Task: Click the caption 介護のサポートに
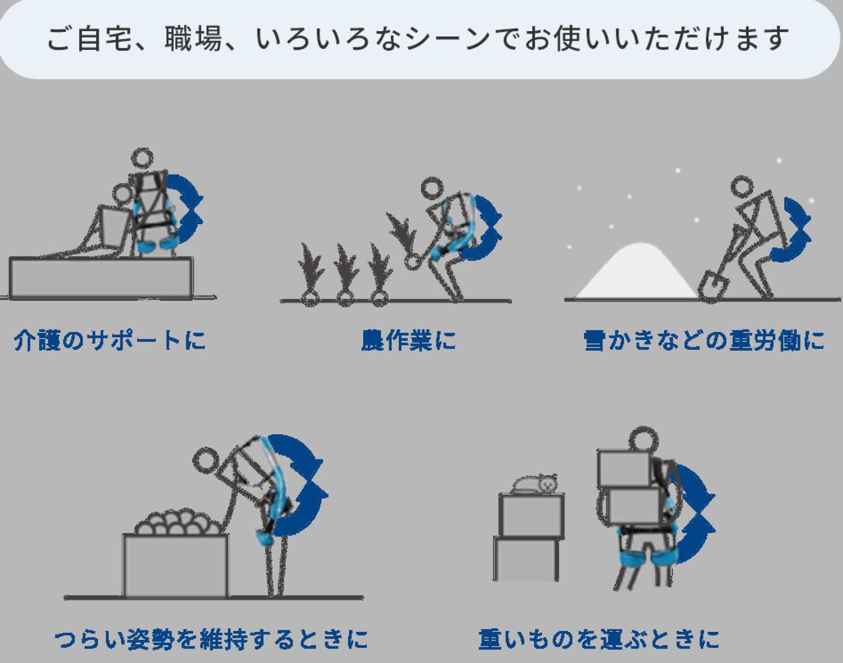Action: [x=109, y=340]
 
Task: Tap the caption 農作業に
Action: [x=408, y=340]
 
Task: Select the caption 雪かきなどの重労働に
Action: [x=704, y=340]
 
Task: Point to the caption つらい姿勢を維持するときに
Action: [x=211, y=639]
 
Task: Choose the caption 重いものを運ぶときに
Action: [x=599, y=639]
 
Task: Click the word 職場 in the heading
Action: [x=193, y=39]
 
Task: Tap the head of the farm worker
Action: [x=433, y=190]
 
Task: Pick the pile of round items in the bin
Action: [x=178, y=523]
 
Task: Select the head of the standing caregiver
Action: [x=142, y=160]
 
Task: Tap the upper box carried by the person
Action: [x=625, y=468]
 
